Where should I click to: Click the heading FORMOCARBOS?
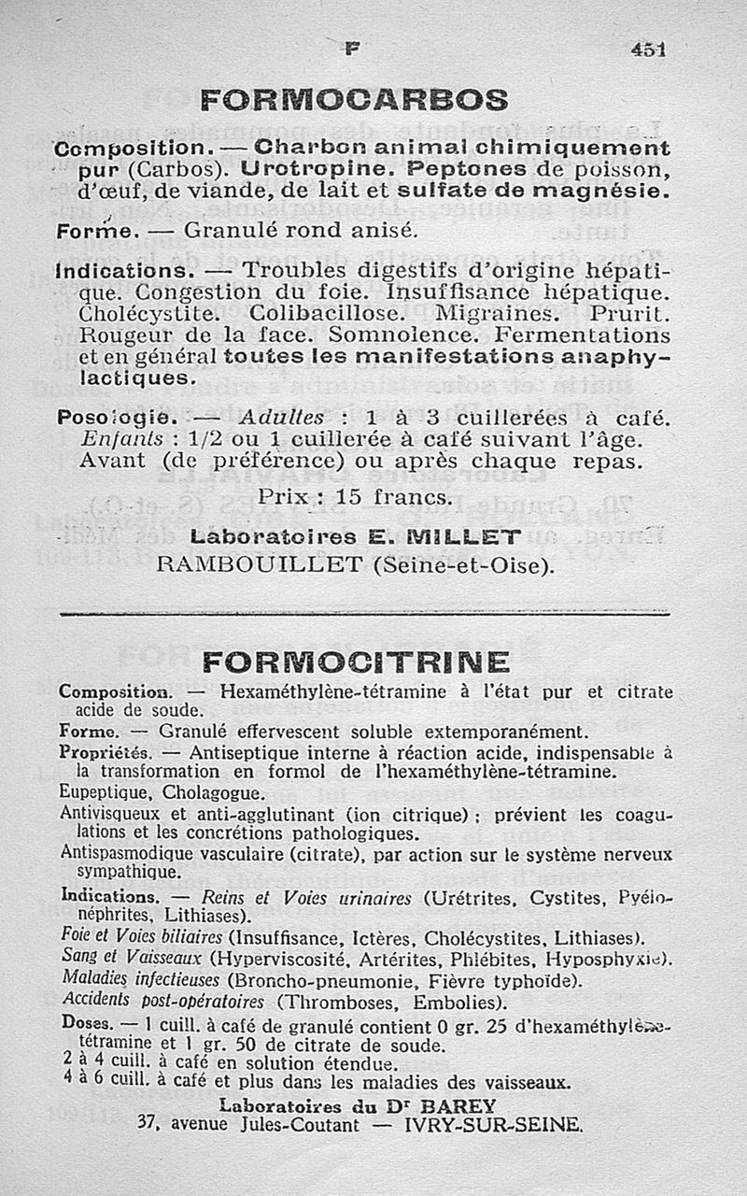[355, 99]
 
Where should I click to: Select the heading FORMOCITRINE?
[356, 662]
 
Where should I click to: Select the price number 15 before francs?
[348, 498]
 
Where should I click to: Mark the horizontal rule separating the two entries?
[364, 614]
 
